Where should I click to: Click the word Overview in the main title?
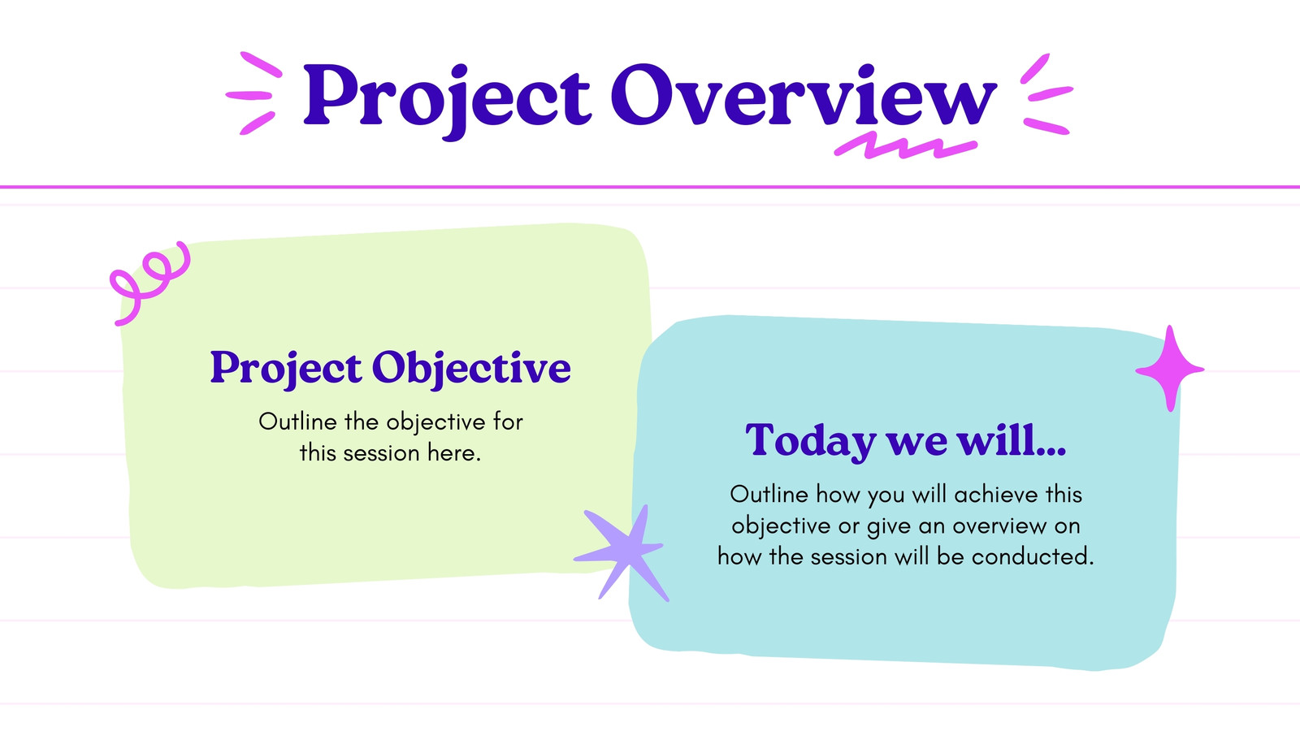(x=804, y=94)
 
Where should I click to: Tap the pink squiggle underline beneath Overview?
(x=905, y=146)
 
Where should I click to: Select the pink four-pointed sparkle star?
(x=1170, y=369)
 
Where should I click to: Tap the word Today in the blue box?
(x=810, y=442)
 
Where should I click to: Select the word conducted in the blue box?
(x=1033, y=557)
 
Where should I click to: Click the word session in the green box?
(x=381, y=454)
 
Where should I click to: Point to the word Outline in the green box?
(x=297, y=422)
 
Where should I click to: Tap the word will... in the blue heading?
(x=1012, y=441)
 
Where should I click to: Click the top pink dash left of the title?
(x=261, y=64)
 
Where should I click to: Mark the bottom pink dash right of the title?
(x=1046, y=126)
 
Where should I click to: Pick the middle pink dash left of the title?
(x=249, y=95)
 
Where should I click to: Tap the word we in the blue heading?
(x=916, y=443)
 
